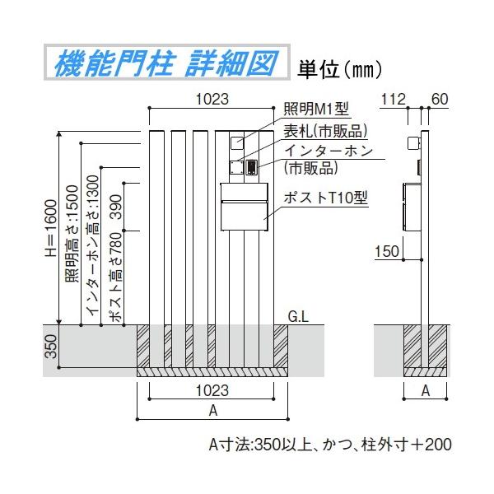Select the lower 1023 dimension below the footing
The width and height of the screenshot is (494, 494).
(212, 391)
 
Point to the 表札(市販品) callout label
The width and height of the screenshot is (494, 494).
(324, 131)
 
